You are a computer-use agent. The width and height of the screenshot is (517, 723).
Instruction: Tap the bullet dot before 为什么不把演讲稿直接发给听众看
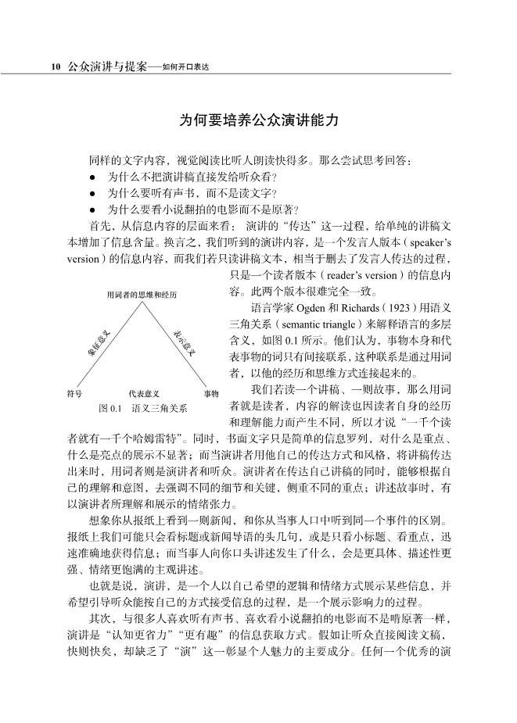92,177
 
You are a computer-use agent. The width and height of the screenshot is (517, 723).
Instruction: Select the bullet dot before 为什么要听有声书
92,193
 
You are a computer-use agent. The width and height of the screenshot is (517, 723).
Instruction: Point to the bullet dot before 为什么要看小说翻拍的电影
92,209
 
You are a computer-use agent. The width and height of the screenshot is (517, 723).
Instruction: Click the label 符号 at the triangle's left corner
75,393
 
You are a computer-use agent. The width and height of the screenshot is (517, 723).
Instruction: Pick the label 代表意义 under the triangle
144,393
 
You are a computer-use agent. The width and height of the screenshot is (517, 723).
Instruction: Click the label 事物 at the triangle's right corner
211,393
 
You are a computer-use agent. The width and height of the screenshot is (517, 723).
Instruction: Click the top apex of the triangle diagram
142,302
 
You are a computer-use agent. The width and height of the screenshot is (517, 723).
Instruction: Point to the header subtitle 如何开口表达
188,67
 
